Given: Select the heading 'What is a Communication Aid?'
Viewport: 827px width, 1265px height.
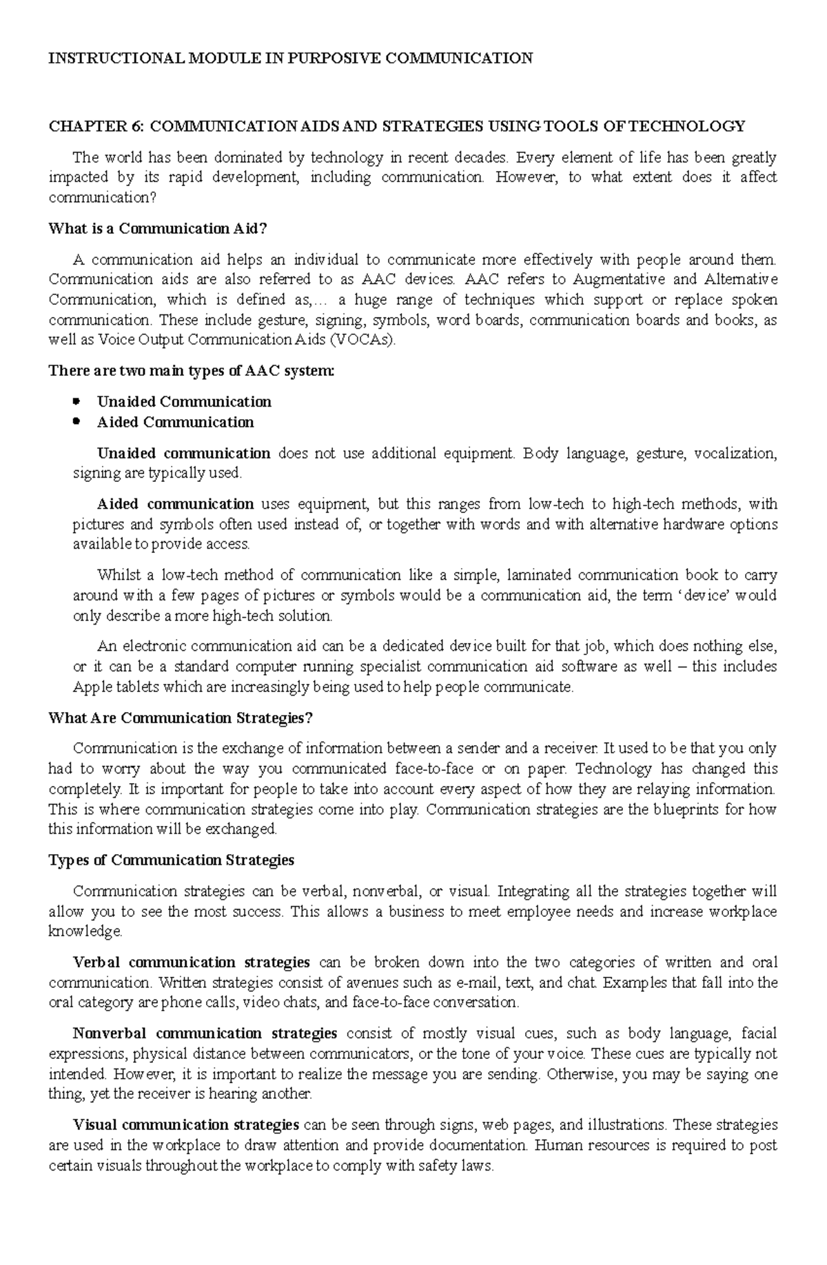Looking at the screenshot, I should click(x=157, y=228).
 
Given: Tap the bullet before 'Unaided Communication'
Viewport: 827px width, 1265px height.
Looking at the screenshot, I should click(x=76, y=401).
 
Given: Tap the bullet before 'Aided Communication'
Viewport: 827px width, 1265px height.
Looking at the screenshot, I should click(x=76, y=422).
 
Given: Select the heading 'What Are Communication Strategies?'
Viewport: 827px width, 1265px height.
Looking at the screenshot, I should click(x=181, y=718).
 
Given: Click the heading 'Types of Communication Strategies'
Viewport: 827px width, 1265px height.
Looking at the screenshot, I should click(x=172, y=860).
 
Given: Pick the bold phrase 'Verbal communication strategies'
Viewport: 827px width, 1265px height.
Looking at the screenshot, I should click(x=192, y=962).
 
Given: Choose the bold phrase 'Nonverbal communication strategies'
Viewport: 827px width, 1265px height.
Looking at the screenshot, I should click(x=205, y=1033).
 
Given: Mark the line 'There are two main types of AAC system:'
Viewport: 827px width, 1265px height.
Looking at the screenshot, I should click(x=192, y=371).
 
